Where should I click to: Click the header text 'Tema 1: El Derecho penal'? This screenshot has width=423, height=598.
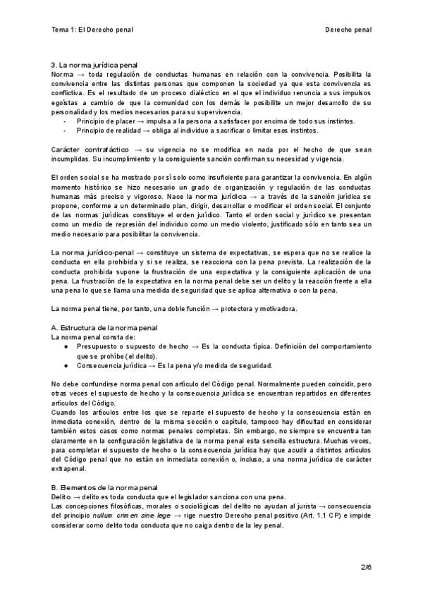pos(92,30)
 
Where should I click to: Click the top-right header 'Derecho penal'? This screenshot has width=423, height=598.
pos(348,30)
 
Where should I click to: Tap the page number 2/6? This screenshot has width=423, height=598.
pos(365,567)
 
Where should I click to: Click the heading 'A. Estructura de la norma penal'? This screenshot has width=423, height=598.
pos(105,328)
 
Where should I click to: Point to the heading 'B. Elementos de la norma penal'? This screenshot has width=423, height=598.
pos(105,487)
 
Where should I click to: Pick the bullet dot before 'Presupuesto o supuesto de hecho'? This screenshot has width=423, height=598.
pos(66,347)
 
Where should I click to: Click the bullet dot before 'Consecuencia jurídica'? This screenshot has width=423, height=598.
pos(66,366)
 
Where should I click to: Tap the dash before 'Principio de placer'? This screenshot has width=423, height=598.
pos(65,121)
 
